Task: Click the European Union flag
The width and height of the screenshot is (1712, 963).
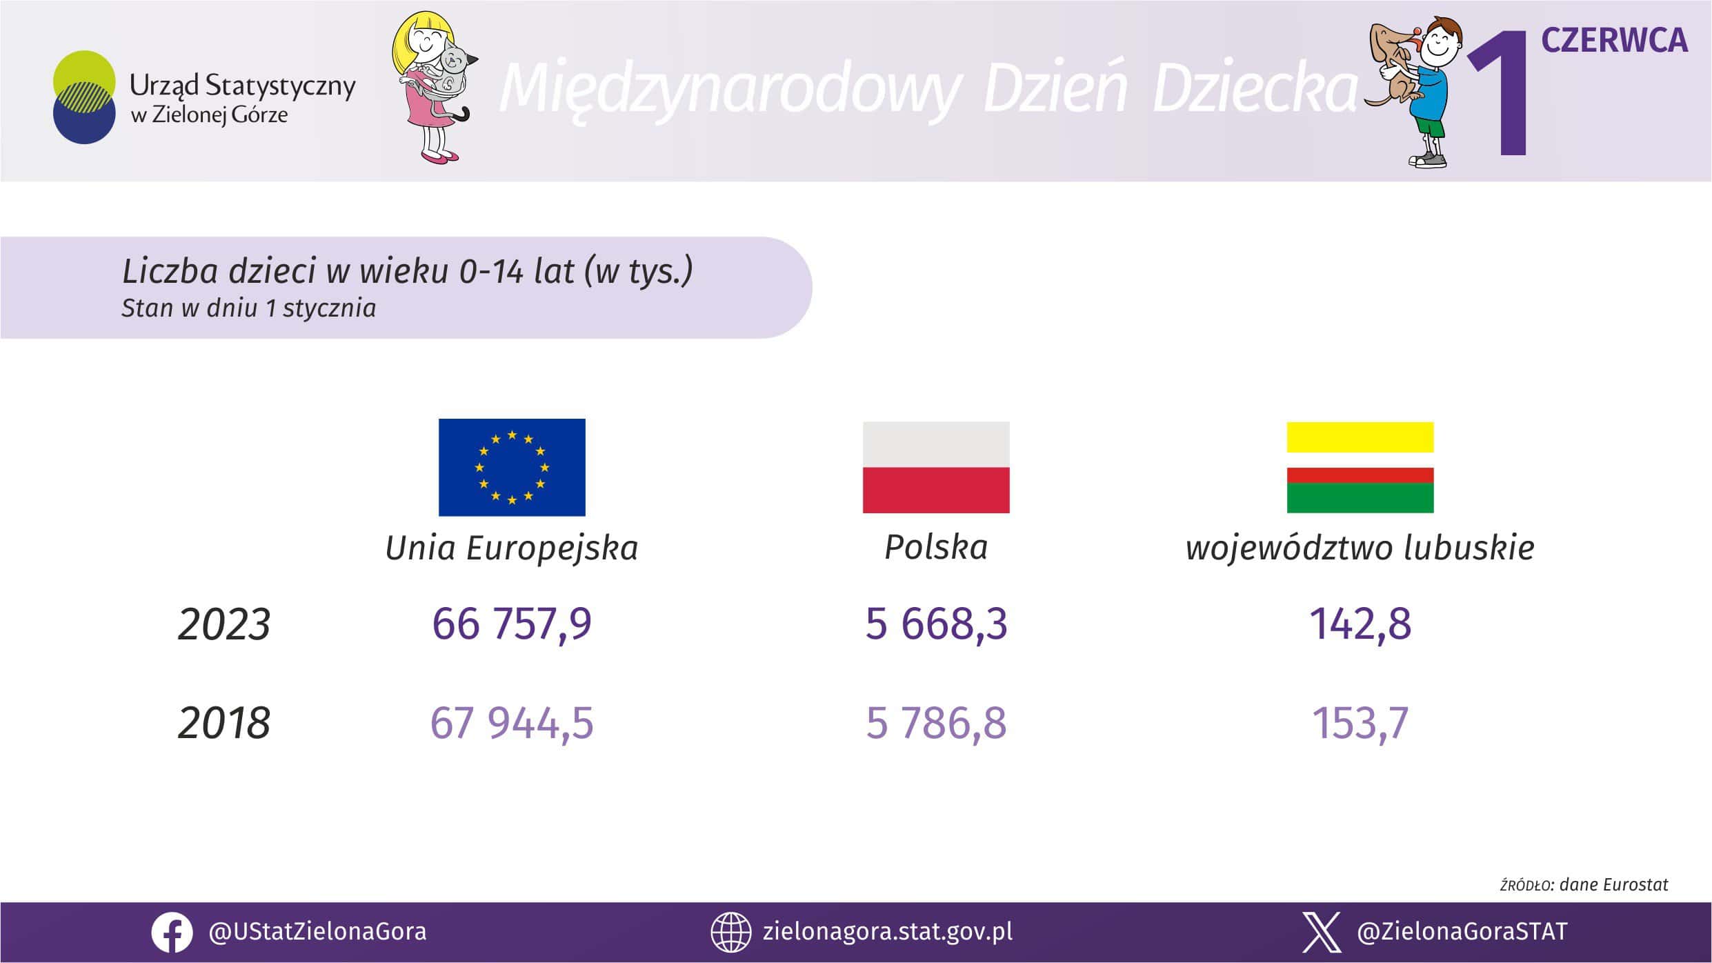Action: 512,467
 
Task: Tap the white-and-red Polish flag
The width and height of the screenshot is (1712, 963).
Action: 936,467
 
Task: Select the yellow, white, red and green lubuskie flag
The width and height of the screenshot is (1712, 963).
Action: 1360,467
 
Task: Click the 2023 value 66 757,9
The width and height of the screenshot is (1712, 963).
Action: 512,624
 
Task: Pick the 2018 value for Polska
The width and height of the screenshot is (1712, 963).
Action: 936,724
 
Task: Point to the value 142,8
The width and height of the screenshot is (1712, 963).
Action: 1360,624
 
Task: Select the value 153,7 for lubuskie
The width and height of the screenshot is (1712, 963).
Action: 1360,724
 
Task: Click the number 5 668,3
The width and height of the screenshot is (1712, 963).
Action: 936,624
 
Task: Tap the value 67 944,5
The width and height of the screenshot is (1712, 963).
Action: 512,724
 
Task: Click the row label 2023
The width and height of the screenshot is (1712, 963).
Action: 224,625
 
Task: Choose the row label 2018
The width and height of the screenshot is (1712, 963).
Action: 224,724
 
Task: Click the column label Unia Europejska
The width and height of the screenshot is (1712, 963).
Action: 512,548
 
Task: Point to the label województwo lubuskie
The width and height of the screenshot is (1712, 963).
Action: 1360,548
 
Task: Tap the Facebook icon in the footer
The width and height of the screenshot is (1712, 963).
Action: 172,933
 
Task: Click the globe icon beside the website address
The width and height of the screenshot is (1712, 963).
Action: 730,933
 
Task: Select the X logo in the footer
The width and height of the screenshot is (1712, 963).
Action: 1322,933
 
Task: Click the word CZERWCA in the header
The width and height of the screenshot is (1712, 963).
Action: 1615,41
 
